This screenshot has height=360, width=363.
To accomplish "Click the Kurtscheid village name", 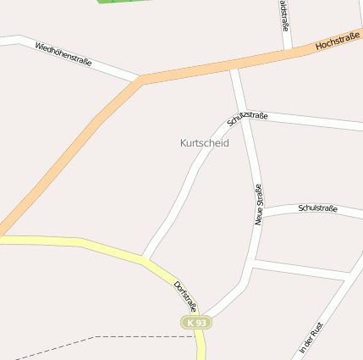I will pyautogui.click(x=205, y=143).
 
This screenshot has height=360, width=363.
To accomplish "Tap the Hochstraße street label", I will pyautogui.click(x=338, y=41).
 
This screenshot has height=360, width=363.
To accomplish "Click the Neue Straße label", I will pyautogui.click(x=259, y=204).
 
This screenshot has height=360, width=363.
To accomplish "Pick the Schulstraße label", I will pyautogui.click(x=318, y=208).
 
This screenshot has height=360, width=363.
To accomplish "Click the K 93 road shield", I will pyautogui.click(x=196, y=323).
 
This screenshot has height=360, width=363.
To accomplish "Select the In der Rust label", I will pyautogui.click(x=311, y=336).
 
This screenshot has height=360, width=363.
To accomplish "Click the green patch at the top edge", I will pyautogui.click(x=119, y=2).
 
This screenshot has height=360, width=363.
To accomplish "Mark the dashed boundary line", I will pyautogui.click(x=102, y=337).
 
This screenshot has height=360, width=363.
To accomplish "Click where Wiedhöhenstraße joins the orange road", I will pyautogui.click(x=140, y=80).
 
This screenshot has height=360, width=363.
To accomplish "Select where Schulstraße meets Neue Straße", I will pyautogui.click(x=261, y=218).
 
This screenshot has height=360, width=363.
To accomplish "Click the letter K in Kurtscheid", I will pyautogui.click(x=184, y=143).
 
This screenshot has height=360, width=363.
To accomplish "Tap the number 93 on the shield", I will pyautogui.click(x=200, y=323).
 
